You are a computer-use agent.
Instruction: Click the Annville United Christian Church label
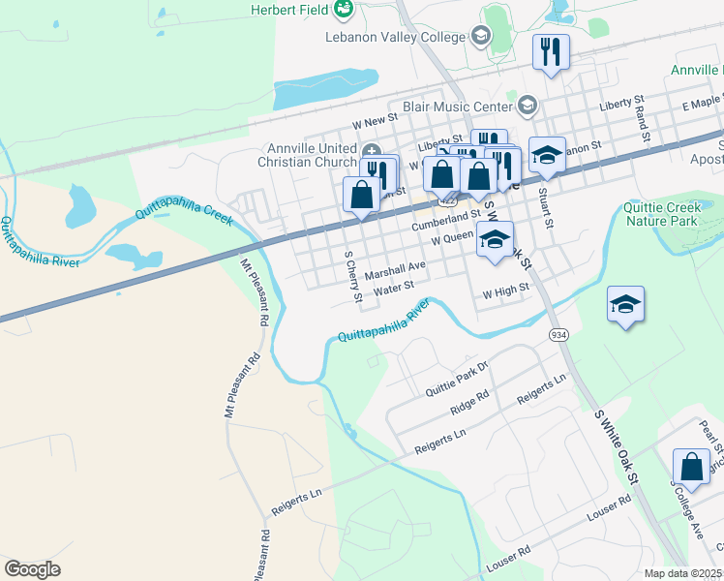(307, 155)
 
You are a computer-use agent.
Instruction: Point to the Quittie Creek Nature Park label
(662, 214)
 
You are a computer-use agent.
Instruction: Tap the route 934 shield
(558, 334)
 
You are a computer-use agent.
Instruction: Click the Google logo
(32, 569)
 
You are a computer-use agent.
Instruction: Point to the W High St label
(506, 288)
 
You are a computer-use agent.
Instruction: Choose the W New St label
(375, 119)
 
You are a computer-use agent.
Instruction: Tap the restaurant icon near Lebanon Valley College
(551, 52)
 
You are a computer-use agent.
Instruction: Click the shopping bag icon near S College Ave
(693, 467)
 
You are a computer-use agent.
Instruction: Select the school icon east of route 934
(625, 305)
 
